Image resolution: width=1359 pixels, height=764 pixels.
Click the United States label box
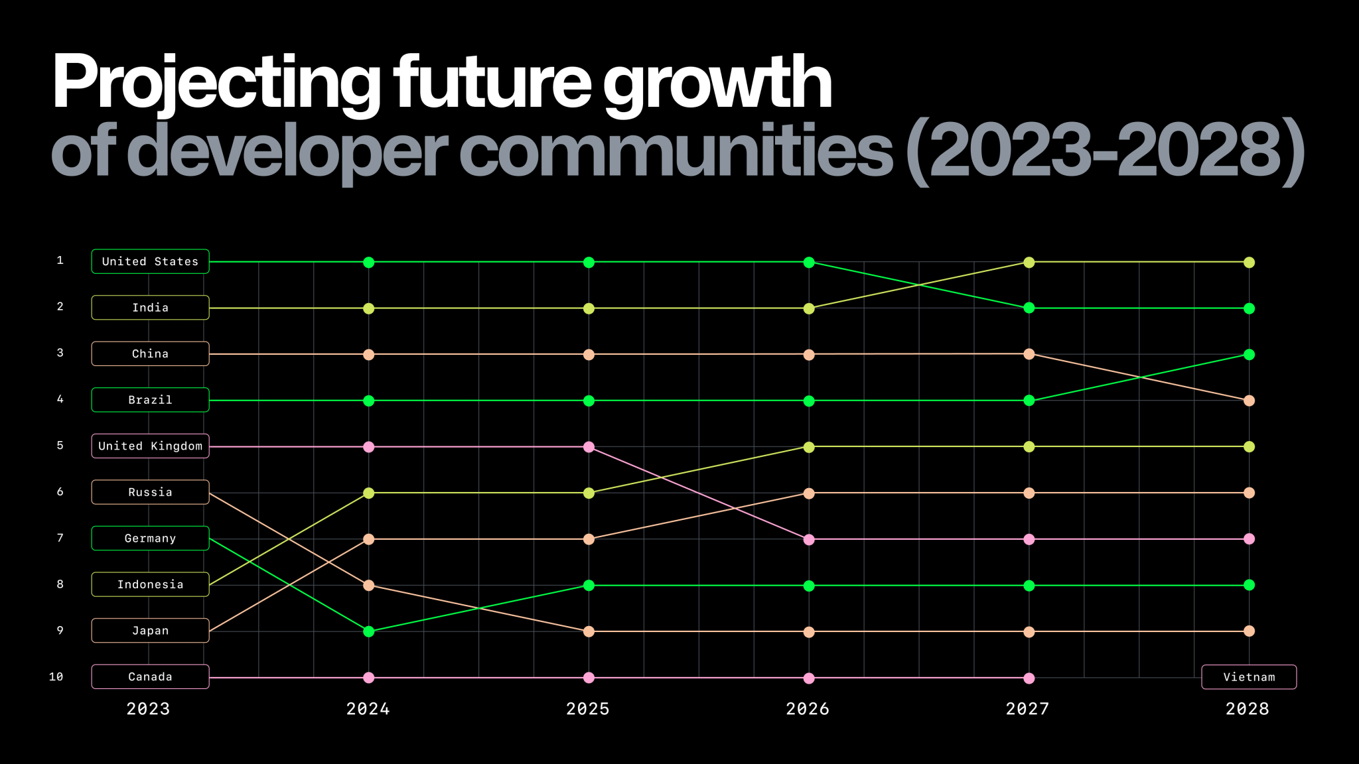tap(150, 261)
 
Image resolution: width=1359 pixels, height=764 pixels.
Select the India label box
tap(150, 308)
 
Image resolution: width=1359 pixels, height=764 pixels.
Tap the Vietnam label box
tap(1249, 677)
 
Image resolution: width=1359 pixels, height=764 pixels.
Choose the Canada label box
tap(150, 677)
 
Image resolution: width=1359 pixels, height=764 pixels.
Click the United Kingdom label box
tap(150, 446)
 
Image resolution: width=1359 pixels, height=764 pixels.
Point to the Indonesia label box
tap(150, 584)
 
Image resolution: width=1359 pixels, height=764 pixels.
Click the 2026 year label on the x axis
tap(808, 709)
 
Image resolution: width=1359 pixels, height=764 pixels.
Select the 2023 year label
tap(148, 709)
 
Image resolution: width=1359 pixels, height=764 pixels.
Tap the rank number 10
tap(56, 677)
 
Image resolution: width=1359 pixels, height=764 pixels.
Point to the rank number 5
tap(60, 446)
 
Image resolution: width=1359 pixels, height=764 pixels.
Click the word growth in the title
tap(717, 83)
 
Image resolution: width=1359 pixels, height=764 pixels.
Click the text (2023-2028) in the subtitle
tap(1105, 151)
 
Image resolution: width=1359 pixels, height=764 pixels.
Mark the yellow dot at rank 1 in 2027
tap(1029, 263)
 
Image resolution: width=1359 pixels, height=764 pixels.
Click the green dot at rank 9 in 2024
tap(369, 631)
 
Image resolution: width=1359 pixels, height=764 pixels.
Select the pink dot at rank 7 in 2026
tap(809, 540)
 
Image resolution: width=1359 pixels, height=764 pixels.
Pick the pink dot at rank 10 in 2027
tap(1029, 678)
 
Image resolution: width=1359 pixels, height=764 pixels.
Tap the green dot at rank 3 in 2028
tap(1249, 355)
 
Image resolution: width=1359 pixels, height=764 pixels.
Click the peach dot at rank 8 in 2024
tap(369, 586)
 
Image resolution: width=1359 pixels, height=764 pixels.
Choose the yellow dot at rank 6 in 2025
tap(589, 493)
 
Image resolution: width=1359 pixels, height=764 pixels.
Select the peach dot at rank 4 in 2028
tap(1249, 401)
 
